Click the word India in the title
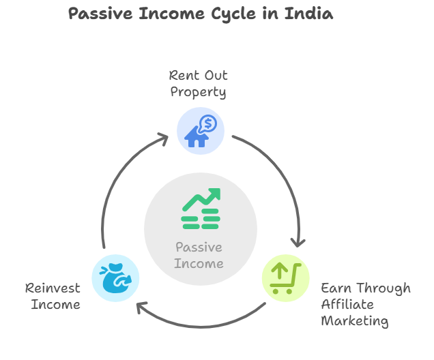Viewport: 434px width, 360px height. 308,14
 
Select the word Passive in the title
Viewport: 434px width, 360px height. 100,14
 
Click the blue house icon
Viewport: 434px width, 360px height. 197,137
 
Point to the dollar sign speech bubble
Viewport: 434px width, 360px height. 208,123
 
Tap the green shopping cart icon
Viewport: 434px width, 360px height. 285,278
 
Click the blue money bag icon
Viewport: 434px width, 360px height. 115,278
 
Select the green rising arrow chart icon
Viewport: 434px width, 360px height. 201,209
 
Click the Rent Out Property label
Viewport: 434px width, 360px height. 198,84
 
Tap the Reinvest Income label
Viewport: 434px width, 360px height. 53,296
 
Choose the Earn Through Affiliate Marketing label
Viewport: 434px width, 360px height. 366,304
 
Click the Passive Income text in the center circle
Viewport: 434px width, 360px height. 199,255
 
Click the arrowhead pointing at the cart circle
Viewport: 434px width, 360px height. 298,243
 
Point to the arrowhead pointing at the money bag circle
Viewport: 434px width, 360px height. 142,307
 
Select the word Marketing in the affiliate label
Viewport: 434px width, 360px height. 355,321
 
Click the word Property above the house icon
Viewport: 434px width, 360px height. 198,92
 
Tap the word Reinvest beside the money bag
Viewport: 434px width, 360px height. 53,288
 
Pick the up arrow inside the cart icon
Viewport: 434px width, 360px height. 280,270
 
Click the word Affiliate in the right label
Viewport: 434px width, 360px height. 347,304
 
